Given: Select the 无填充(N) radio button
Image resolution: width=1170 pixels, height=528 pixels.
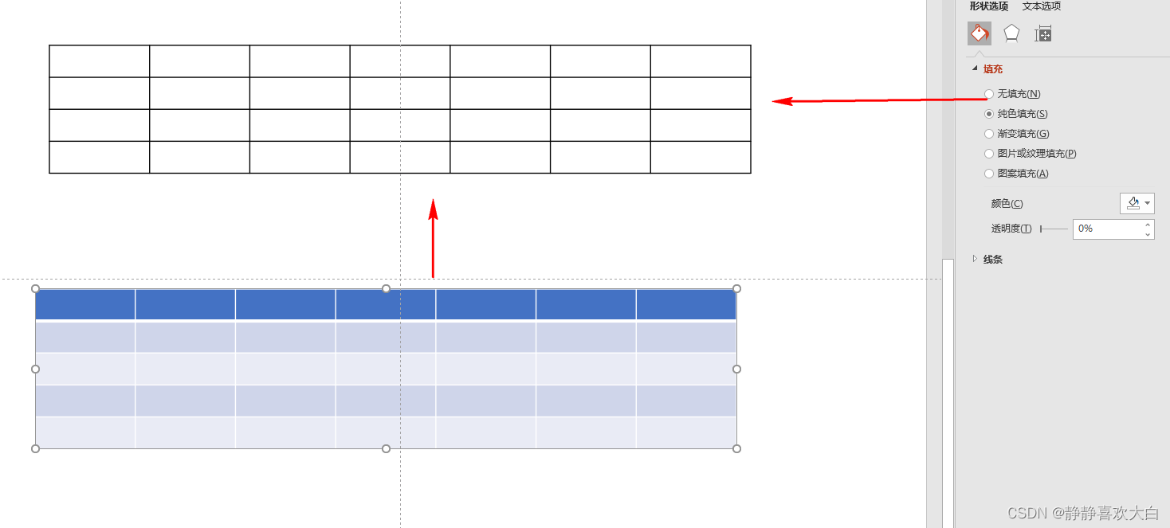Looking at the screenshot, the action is [989, 94].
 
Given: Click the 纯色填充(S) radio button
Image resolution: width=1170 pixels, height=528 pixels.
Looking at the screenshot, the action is [989, 114].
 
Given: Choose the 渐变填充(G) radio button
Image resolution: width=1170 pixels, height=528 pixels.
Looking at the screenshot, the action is [989, 134].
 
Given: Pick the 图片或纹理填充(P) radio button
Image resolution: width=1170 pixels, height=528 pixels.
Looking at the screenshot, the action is [989, 154].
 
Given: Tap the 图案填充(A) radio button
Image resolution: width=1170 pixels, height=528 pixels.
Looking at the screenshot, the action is [989, 174].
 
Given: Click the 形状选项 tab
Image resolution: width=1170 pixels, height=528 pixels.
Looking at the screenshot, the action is [988, 6].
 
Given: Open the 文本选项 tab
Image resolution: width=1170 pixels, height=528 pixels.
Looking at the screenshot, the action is [1041, 6].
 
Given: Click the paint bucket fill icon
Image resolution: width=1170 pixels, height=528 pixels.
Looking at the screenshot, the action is [980, 33].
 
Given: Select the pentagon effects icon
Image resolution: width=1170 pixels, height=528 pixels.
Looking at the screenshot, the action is [1011, 33].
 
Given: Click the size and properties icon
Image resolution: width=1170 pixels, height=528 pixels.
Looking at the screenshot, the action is [1043, 34].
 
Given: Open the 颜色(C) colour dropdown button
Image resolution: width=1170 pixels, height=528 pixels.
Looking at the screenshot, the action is [1137, 204].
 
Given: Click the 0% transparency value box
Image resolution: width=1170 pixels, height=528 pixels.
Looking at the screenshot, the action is [1108, 229].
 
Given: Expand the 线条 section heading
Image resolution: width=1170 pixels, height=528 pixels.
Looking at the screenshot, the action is [992, 260].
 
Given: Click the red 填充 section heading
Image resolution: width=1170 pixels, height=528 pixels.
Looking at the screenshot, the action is [992, 69].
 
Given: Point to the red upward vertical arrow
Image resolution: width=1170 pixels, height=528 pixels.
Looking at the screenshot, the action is [433, 238].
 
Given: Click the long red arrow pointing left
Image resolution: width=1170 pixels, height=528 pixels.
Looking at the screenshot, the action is [877, 100].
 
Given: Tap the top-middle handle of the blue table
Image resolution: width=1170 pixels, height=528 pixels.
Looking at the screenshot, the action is [386, 288].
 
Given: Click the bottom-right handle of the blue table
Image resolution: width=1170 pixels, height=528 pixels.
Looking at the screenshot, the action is [736, 448].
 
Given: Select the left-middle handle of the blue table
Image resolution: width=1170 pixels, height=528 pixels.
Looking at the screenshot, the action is [35, 369].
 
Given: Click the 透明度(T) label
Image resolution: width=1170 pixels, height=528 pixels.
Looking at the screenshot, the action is [1011, 229].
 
